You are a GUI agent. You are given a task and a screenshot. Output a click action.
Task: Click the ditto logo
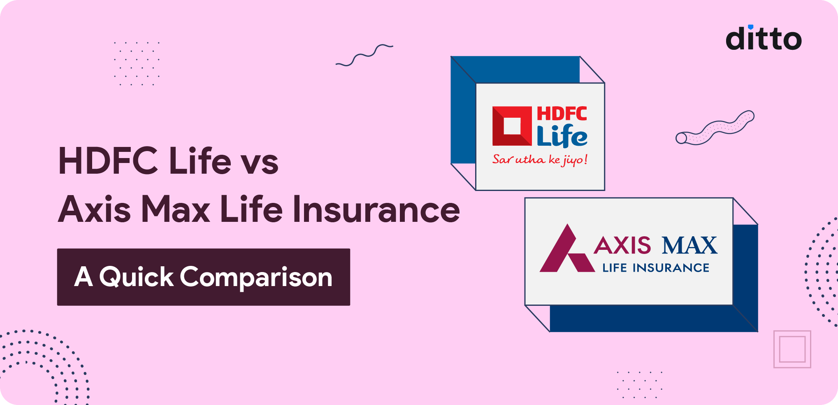[764, 39]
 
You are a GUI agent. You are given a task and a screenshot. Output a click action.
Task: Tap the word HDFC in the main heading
[108, 161]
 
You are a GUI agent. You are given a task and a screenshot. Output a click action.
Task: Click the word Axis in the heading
[94, 209]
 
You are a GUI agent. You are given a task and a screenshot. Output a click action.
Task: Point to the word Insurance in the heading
[376, 209]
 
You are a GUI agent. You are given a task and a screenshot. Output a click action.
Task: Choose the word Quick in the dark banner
[136, 277]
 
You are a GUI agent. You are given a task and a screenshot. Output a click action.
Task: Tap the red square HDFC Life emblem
[512, 126]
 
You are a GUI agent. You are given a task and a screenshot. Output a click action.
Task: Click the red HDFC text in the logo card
[562, 114]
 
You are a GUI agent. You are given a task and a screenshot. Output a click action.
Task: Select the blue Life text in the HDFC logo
[562, 136]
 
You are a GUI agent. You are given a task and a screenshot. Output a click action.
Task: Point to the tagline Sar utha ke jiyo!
[540, 159]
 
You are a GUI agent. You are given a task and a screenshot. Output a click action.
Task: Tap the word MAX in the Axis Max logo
[689, 246]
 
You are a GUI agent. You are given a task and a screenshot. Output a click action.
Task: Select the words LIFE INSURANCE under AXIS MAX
[656, 268]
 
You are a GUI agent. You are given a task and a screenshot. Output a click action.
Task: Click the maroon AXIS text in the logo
[622, 246]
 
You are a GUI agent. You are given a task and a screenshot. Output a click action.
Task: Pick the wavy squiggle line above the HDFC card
[364, 55]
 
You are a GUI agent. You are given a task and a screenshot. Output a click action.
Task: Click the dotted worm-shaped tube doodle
[715, 128]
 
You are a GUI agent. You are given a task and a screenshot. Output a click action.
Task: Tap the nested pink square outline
[792, 349]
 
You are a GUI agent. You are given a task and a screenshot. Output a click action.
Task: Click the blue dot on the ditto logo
[751, 27]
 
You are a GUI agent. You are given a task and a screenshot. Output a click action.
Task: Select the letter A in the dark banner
[84, 277]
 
